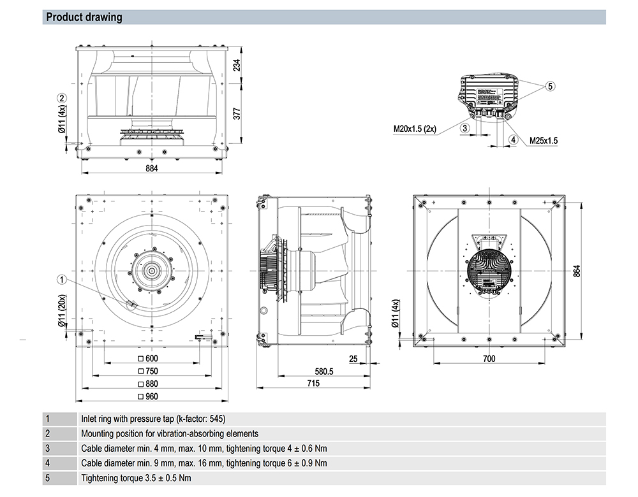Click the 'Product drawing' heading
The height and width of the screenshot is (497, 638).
(x=84, y=17)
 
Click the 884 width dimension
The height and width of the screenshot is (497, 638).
(x=151, y=168)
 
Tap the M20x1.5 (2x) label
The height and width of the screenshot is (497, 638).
(x=415, y=129)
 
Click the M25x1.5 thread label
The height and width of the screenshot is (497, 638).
(x=544, y=140)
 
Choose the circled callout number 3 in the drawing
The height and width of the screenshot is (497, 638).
(x=466, y=128)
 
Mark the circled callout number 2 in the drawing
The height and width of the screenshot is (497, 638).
(x=62, y=97)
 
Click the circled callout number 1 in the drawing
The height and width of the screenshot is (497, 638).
(x=62, y=278)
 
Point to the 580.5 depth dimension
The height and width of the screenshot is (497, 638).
(x=323, y=371)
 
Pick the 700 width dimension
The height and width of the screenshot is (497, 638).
(x=488, y=359)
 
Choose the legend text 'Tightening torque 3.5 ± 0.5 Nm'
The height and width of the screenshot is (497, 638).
(x=136, y=477)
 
